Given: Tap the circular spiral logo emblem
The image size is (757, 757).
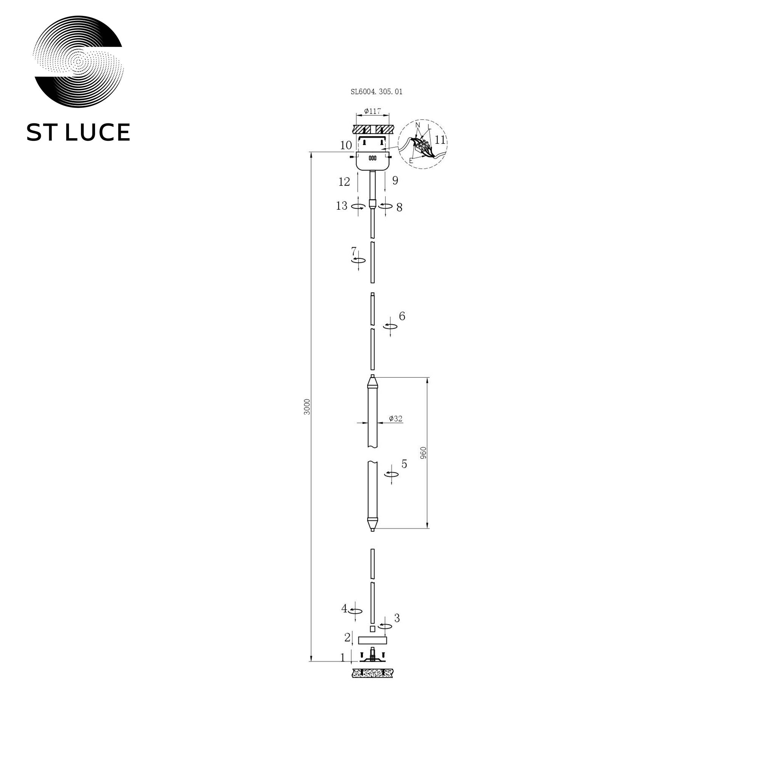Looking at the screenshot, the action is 78,62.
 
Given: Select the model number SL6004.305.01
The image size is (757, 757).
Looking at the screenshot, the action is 376,92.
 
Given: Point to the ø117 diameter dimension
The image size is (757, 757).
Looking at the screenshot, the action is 372,111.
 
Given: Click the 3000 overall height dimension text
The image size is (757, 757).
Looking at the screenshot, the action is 307,407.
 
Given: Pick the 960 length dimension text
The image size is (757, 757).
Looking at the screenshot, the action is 423,453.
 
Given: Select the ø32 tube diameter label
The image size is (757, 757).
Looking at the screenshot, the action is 396,419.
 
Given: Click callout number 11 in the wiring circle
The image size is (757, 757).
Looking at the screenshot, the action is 440,140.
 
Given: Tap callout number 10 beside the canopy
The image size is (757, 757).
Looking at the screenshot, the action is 346,145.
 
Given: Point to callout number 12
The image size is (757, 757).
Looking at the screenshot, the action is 344,182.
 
